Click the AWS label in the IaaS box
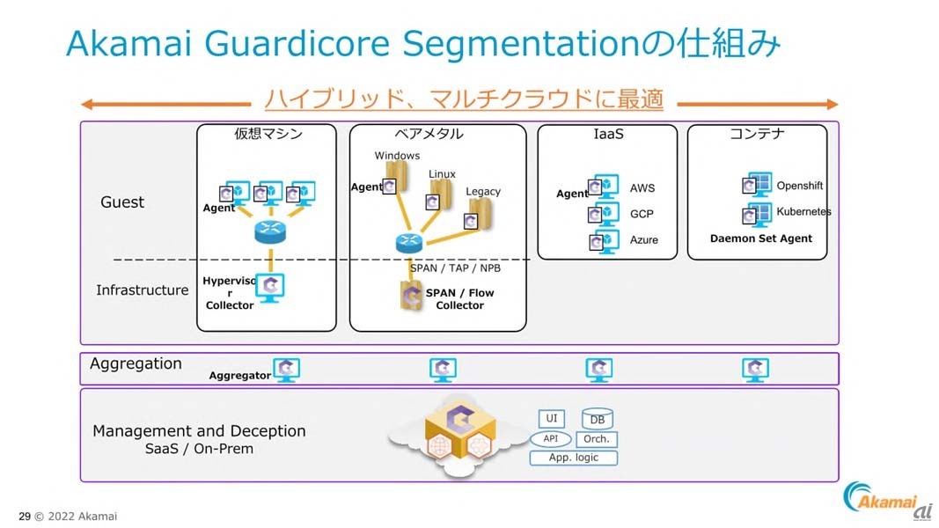[x=642, y=188]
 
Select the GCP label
[x=642, y=214]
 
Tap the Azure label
[x=644, y=240]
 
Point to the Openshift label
[x=800, y=187]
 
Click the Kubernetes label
[x=803, y=212]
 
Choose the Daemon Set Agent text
[x=761, y=238]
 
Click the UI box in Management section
[x=552, y=419]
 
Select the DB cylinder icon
[x=598, y=420]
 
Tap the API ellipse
[x=551, y=438]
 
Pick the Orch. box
[x=597, y=439]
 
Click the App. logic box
[x=573, y=458]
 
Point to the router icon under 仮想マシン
[x=271, y=232]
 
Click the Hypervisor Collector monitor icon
[x=272, y=287]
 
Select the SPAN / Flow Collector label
[x=460, y=299]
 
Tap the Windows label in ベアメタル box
[x=398, y=156]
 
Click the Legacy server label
[x=483, y=192]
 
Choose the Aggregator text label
[x=240, y=376]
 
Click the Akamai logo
[x=884, y=500]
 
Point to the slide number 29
[x=25, y=517]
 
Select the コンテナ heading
[x=757, y=135]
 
